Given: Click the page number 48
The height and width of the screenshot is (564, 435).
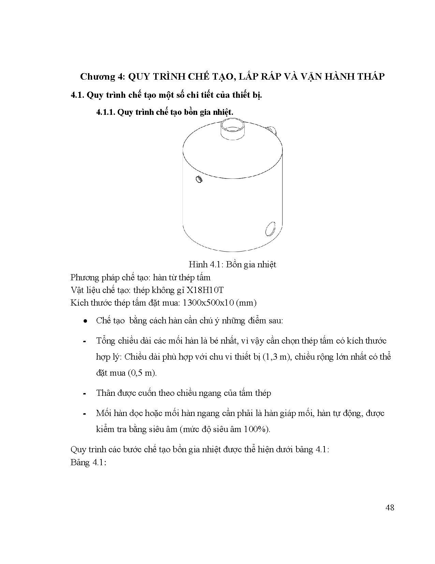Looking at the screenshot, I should click(x=390, y=508).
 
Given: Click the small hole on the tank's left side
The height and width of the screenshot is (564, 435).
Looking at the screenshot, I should click(x=199, y=179).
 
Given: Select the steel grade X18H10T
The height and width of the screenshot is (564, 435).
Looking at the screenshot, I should click(x=204, y=290).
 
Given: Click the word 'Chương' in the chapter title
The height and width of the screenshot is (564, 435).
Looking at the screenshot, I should click(x=98, y=77).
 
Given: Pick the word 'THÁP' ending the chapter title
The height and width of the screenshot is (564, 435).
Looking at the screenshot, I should click(x=369, y=77).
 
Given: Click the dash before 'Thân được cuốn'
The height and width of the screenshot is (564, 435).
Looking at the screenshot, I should click(x=84, y=393).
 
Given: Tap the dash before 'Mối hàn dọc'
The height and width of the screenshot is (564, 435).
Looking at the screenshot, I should click(x=84, y=414).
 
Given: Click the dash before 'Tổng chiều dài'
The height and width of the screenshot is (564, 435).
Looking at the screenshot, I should click(x=84, y=341).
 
